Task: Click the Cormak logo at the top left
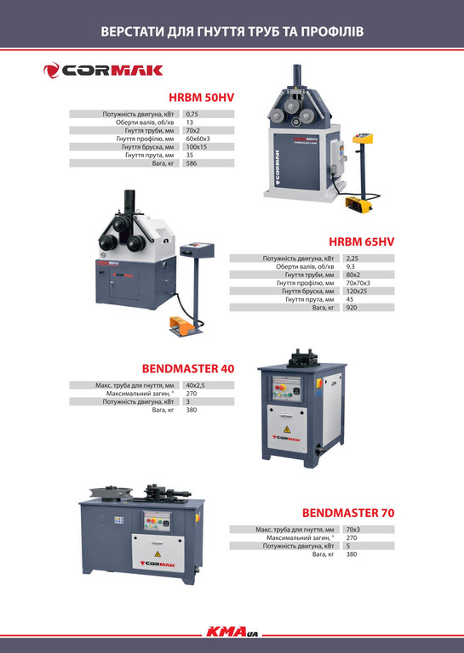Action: point(103,71)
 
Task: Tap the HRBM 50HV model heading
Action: point(202,98)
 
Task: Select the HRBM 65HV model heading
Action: point(362,241)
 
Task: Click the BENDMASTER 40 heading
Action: point(188,368)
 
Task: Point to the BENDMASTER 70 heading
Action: point(348,513)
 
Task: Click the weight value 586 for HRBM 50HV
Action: point(192,163)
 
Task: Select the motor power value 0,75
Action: point(192,114)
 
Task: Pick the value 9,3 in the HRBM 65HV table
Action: point(350,266)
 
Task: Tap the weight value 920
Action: point(352,307)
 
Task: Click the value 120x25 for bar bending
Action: point(357,291)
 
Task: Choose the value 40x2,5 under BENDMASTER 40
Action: point(195,385)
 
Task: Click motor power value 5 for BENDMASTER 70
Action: point(348,546)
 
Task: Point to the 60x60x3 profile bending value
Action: point(198,139)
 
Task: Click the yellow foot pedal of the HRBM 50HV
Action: point(358,204)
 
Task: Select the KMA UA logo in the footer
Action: point(232,632)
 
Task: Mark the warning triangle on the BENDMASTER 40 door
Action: point(287,429)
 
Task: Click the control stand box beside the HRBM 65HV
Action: point(197,251)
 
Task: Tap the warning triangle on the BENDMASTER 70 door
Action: point(158,554)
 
